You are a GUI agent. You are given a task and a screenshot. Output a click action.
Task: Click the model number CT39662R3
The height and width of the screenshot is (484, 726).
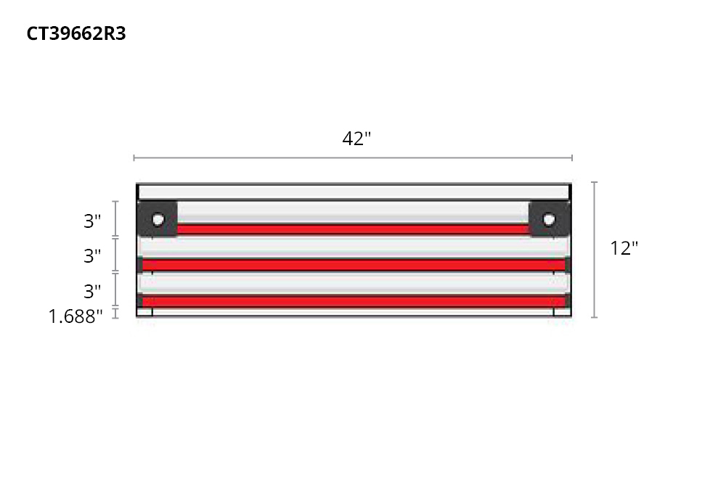pos(76,34)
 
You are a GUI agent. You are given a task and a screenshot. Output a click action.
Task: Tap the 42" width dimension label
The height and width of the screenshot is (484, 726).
pos(356,139)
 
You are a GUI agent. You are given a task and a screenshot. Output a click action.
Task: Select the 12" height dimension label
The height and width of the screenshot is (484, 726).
pos(624,248)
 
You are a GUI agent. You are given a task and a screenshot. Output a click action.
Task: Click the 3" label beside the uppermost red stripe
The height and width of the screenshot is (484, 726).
pos(92,221)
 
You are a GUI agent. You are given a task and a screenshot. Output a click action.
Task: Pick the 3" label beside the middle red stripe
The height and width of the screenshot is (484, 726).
pos(92,256)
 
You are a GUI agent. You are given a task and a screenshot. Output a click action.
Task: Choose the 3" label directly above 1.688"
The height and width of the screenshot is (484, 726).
pos(92,292)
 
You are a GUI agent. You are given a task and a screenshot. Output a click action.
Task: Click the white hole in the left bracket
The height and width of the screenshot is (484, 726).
pos(158,219)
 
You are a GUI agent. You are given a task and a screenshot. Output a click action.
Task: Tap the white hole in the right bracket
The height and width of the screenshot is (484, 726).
pos(549,219)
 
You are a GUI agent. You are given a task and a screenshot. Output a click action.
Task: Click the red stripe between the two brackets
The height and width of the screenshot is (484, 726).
pos(354,229)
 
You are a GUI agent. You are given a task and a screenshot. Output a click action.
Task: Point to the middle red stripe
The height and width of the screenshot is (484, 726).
pos(354,265)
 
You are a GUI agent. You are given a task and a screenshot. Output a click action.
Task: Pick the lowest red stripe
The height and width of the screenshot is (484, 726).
pos(354,300)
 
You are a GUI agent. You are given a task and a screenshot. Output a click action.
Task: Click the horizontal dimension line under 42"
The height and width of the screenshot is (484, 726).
pos(354,157)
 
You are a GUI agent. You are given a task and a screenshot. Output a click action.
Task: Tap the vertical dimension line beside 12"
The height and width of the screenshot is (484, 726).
pos(595,250)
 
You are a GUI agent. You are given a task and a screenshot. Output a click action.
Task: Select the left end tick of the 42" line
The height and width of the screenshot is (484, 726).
pos(134,157)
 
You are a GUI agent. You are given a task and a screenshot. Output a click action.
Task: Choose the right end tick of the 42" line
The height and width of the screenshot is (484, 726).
pos(572,157)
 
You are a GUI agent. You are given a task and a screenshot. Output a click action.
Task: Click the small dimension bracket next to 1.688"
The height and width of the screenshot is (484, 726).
pos(115,313)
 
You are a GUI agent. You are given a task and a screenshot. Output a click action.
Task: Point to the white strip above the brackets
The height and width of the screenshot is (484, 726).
pos(354,192)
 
